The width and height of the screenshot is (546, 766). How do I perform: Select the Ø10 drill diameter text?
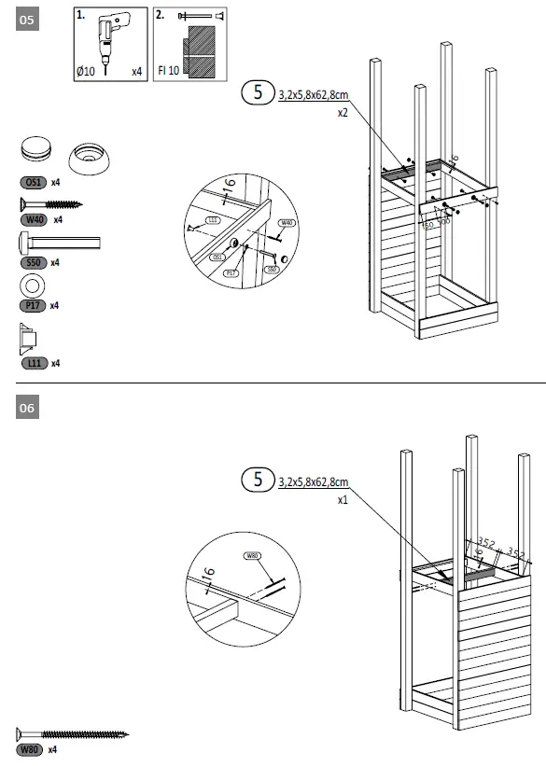[x=88, y=71]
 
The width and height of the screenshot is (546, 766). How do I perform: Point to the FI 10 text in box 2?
[x=169, y=71]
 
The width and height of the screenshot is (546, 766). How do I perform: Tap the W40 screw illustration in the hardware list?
[x=50, y=203]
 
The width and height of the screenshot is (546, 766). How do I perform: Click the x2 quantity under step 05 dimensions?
[x=343, y=113]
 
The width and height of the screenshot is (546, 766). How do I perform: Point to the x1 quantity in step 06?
[x=343, y=500]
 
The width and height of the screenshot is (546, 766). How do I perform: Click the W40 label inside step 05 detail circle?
[x=288, y=223]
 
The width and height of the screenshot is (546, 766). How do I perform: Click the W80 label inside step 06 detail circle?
[x=252, y=556]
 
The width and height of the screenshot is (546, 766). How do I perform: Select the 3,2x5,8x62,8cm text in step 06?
[x=314, y=482]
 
